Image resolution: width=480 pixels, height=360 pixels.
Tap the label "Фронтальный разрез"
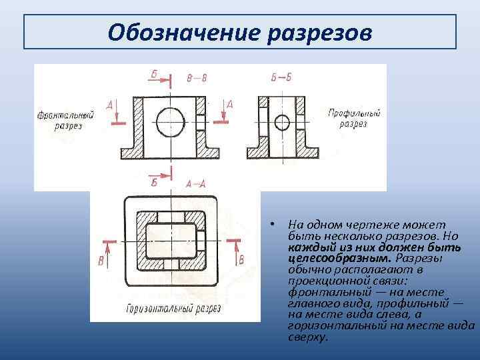[x=65, y=121]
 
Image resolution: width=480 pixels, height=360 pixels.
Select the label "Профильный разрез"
[x=354, y=119]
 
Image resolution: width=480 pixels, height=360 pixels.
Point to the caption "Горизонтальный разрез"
[x=164, y=309]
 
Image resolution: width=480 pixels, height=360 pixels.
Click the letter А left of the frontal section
[x=110, y=105]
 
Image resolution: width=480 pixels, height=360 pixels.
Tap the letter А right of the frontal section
[x=229, y=104]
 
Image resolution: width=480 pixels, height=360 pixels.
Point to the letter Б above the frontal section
[x=154, y=74]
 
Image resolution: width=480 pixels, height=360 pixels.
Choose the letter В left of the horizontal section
[x=101, y=261]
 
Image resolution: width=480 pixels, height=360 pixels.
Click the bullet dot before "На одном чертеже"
[x=273, y=223]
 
